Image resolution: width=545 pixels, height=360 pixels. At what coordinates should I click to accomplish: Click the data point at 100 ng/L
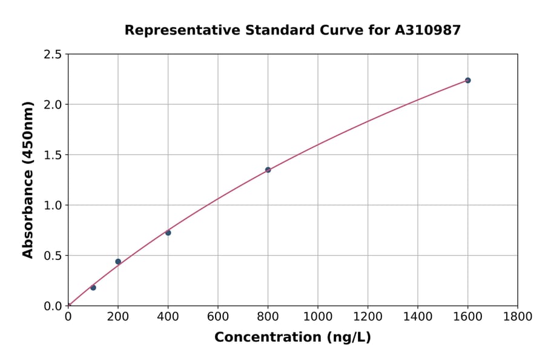click(x=93, y=287)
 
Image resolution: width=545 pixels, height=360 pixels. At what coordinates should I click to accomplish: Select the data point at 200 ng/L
click(x=118, y=262)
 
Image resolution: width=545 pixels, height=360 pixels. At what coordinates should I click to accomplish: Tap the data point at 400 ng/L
click(x=168, y=233)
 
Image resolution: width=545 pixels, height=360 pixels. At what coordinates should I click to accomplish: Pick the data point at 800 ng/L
click(x=268, y=170)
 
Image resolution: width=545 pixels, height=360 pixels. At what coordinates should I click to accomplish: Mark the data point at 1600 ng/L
click(x=467, y=80)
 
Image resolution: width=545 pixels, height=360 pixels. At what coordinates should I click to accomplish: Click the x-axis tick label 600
click(x=218, y=316)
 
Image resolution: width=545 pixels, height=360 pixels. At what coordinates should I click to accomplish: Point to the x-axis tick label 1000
click(x=318, y=316)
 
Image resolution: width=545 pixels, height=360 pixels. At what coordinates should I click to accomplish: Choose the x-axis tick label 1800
click(x=518, y=316)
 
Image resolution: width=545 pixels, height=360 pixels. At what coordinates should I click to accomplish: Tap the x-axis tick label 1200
click(x=368, y=316)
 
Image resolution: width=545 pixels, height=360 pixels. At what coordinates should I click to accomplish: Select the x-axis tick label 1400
click(x=418, y=316)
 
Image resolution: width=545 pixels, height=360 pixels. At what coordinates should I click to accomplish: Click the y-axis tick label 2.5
click(x=53, y=55)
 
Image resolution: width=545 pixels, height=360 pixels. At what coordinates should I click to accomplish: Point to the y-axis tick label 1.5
click(x=53, y=155)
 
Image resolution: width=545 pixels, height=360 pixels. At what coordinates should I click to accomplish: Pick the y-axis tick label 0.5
click(x=53, y=256)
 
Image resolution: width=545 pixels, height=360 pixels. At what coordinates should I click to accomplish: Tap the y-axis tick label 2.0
click(x=53, y=105)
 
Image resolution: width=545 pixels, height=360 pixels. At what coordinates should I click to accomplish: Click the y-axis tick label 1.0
click(x=53, y=205)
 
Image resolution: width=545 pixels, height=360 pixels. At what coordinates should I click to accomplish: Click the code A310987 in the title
click(x=429, y=30)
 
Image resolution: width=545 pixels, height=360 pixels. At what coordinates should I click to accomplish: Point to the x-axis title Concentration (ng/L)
click(x=292, y=338)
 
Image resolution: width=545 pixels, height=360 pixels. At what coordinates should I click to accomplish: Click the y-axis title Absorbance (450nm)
click(x=28, y=180)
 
